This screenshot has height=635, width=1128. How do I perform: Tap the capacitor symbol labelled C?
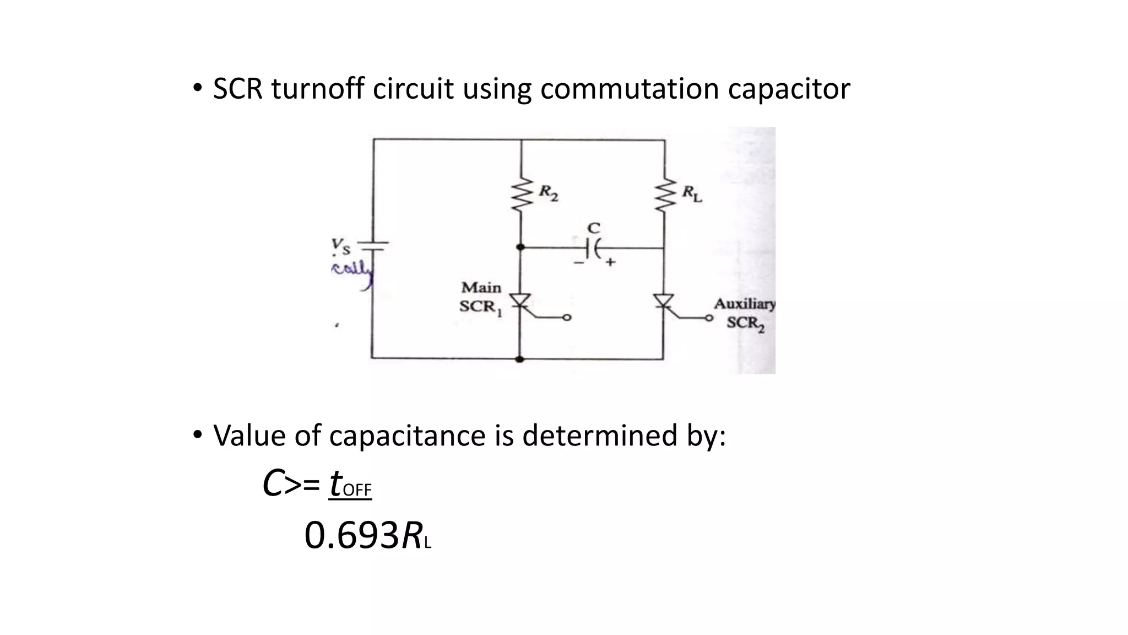[593, 249]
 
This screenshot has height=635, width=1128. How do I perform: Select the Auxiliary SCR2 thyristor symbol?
[664, 302]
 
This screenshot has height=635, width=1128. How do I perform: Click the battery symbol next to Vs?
[374, 246]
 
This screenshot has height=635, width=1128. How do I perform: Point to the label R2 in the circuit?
[548, 193]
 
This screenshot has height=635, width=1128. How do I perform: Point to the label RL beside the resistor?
[692, 193]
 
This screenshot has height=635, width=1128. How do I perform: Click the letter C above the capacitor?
[594, 228]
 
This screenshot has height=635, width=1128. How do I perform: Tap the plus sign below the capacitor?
[610, 263]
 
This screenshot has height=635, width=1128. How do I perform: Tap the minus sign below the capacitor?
[579, 263]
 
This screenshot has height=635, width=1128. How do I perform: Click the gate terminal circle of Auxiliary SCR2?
[709, 318]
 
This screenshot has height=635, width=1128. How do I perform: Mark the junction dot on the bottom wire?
[519, 359]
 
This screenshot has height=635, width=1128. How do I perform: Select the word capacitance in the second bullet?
[408, 435]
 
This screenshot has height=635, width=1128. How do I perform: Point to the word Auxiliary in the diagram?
[744, 304]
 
